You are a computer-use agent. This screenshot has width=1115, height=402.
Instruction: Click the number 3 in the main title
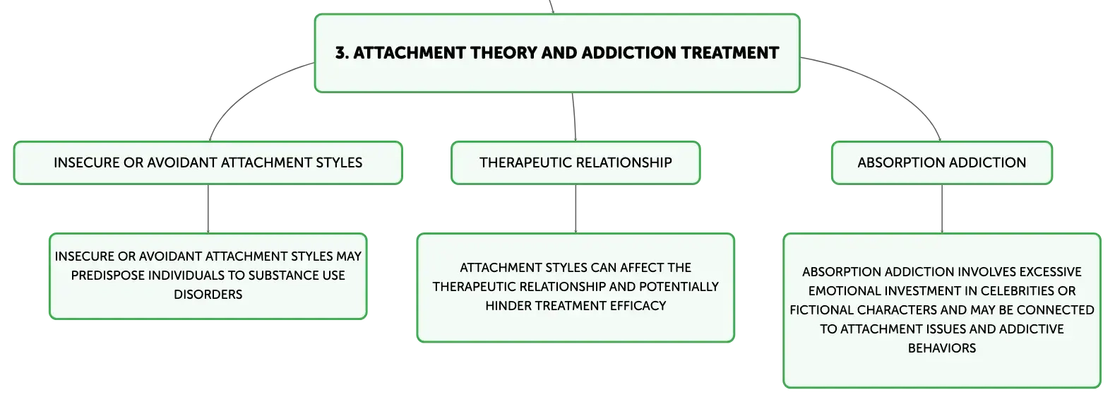click(340, 53)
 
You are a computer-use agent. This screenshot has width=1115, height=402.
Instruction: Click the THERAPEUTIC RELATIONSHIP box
click(576, 163)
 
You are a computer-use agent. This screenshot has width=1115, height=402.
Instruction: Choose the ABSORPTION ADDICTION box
click(942, 163)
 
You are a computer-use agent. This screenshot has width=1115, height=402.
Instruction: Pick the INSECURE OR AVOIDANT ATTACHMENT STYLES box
click(208, 163)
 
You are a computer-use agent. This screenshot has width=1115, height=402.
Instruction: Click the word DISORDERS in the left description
click(208, 295)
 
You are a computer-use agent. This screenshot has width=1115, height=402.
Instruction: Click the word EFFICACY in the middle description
click(638, 306)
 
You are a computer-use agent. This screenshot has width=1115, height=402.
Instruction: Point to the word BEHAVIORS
click(942, 348)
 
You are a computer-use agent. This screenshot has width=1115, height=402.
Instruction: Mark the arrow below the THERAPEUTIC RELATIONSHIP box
click(576, 208)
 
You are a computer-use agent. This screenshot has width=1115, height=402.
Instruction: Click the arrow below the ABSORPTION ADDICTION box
click(942, 208)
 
